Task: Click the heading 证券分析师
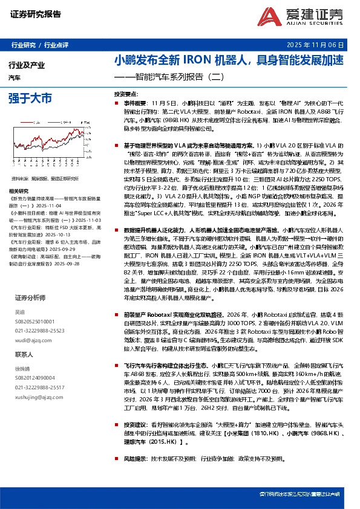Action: [x=30, y=298]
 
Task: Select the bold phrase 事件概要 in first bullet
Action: [x=137, y=104]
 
